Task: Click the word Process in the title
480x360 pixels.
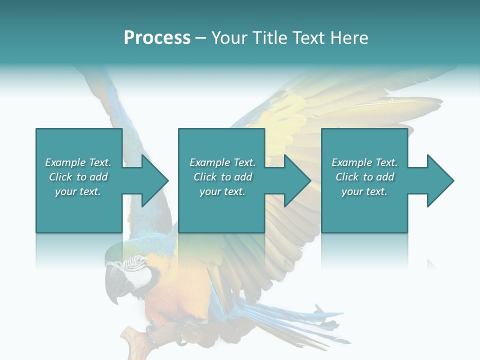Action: pyautogui.click(x=157, y=38)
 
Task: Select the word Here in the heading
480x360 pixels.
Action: pyautogui.click(x=349, y=38)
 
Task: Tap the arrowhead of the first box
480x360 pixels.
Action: pyautogui.click(x=153, y=180)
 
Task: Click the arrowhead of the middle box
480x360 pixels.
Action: pyautogui.click(x=296, y=180)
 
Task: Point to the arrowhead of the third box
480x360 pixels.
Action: pyautogui.click(x=439, y=180)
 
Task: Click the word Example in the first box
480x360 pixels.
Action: pyautogui.click(x=65, y=162)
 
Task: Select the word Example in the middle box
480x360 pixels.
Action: pyautogui.click(x=210, y=162)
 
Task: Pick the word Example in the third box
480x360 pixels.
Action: pyautogui.click(x=352, y=162)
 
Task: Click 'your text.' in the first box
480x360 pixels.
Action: pyautogui.click(x=78, y=191)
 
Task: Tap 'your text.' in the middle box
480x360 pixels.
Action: pyautogui.click(x=222, y=191)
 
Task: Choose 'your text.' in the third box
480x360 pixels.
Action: pyautogui.click(x=364, y=191)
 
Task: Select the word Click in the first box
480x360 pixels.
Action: pyautogui.click(x=61, y=177)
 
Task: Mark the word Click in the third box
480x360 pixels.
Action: pyautogui.click(x=347, y=177)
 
